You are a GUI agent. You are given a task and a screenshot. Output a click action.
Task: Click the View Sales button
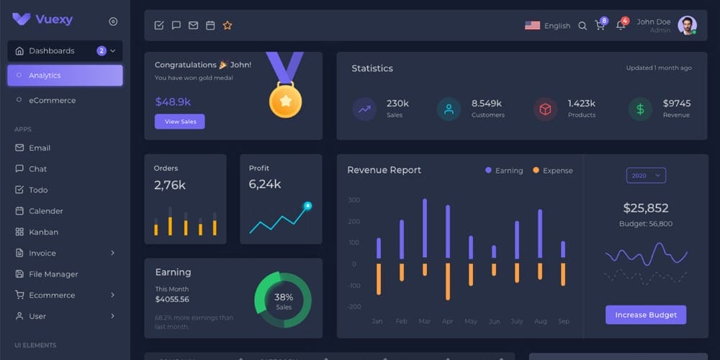pyautogui.click(x=179, y=122)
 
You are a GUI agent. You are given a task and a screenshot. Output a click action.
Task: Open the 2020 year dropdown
pyautogui.click(x=646, y=176)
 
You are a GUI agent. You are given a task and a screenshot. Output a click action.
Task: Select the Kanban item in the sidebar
pyautogui.click(x=43, y=232)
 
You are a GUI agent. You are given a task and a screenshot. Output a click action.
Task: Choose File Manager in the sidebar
pyautogui.click(x=53, y=274)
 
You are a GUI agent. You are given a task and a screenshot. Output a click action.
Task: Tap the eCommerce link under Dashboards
pyautogui.click(x=52, y=100)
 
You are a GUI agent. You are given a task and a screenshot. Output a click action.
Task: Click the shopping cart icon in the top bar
pyautogui.click(x=599, y=26)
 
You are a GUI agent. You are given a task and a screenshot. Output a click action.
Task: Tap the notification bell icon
pyautogui.click(x=620, y=26)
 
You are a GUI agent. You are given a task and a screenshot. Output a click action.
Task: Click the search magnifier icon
pyautogui.click(x=582, y=26)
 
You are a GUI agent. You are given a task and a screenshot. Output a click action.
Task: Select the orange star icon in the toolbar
pyautogui.click(x=228, y=25)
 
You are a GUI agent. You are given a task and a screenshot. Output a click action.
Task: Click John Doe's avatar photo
pyautogui.click(x=687, y=25)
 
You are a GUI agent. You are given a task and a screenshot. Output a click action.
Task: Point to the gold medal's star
pyautogui.click(x=285, y=102)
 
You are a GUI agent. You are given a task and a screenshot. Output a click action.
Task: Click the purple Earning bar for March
pyautogui.click(x=425, y=228)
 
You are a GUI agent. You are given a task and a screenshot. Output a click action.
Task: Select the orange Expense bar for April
pyautogui.click(x=448, y=281)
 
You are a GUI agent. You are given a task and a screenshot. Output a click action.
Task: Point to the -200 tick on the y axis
pyautogui.click(x=354, y=307)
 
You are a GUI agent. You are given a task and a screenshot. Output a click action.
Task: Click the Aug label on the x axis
pyautogui.click(x=541, y=321)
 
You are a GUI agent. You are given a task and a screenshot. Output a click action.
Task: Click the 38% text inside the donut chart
pyautogui.click(x=284, y=297)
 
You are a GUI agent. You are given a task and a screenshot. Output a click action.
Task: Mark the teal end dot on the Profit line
pyautogui.click(x=307, y=206)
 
